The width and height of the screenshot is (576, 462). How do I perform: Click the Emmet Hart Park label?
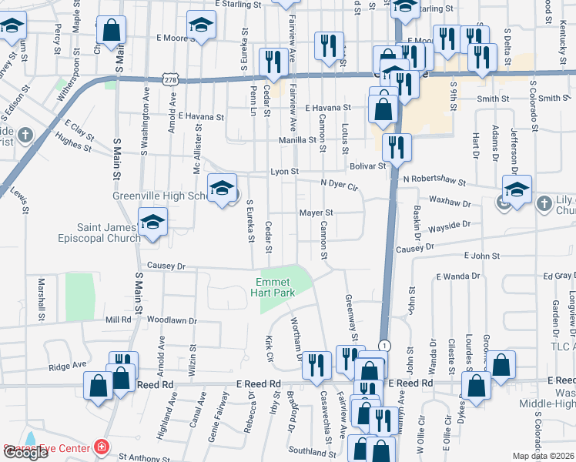(276, 287)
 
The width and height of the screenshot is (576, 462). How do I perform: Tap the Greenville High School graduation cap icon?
(222, 187)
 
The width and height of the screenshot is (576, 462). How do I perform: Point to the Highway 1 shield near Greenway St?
(383, 345)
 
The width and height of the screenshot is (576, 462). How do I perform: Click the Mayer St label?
(316, 213)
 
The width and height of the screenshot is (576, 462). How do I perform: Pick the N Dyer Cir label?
(340, 185)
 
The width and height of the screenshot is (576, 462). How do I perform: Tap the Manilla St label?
(301, 140)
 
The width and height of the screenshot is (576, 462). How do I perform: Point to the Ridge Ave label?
(65, 348)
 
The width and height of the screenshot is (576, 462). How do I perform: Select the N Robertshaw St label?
(434, 181)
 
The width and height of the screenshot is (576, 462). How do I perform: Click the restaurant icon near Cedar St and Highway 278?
(273, 62)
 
